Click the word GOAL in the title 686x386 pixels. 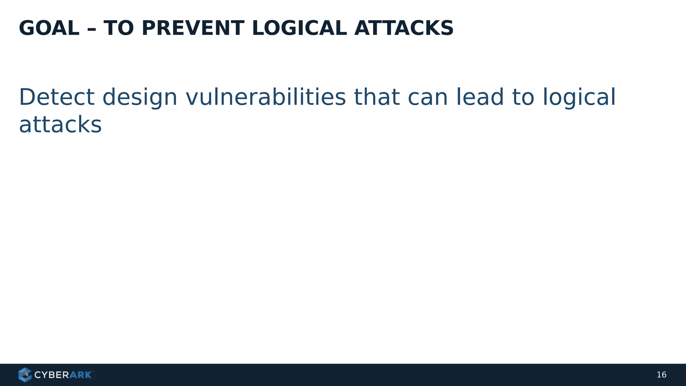[49, 28]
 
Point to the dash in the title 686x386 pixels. [91, 29]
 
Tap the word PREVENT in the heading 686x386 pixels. [193, 28]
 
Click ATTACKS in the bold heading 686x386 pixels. [404, 28]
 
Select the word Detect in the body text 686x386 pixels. [57, 97]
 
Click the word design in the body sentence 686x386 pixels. [140, 98]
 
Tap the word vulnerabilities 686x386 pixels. [265, 97]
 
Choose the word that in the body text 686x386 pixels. [376, 97]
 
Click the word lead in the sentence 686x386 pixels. [480, 97]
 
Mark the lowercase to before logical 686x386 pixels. [523, 97]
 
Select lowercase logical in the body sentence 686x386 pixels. [579, 98]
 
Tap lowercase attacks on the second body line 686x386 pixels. [60, 125]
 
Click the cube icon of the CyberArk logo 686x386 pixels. [25, 375]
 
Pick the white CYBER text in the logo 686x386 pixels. [52, 375]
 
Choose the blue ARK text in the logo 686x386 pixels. [80, 375]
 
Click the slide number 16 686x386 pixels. [661, 375]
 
